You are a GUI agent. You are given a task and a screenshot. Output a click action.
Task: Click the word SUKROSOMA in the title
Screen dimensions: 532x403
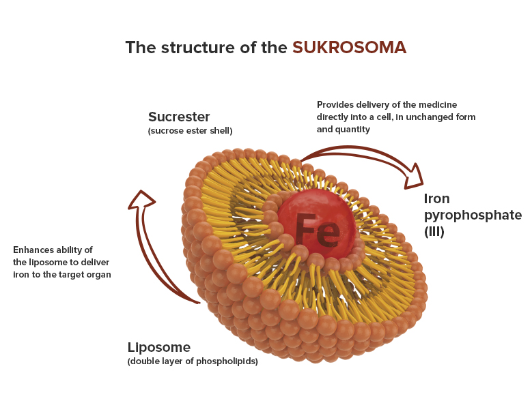(349, 47)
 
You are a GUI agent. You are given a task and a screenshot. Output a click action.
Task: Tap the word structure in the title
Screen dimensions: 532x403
(197, 47)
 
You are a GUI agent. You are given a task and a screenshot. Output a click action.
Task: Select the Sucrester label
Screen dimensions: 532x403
(179, 117)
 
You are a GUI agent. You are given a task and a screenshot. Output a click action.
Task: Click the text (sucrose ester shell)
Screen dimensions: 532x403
(190, 131)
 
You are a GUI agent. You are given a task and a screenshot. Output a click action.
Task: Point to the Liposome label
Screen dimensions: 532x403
(159, 348)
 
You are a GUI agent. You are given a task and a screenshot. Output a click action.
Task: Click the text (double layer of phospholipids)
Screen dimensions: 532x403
(193, 361)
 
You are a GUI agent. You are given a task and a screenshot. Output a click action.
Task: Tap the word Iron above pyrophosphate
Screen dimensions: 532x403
(436, 199)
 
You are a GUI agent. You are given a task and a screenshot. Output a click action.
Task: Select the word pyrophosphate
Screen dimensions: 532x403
(473, 215)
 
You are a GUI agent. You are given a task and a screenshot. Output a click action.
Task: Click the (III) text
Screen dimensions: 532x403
(434, 232)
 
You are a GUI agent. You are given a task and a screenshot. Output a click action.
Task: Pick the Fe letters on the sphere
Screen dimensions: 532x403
(318, 230)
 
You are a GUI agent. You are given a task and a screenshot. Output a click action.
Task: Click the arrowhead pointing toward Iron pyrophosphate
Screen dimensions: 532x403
(414, 177)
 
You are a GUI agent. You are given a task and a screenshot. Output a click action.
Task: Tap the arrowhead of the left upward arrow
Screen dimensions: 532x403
(141, 200)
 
